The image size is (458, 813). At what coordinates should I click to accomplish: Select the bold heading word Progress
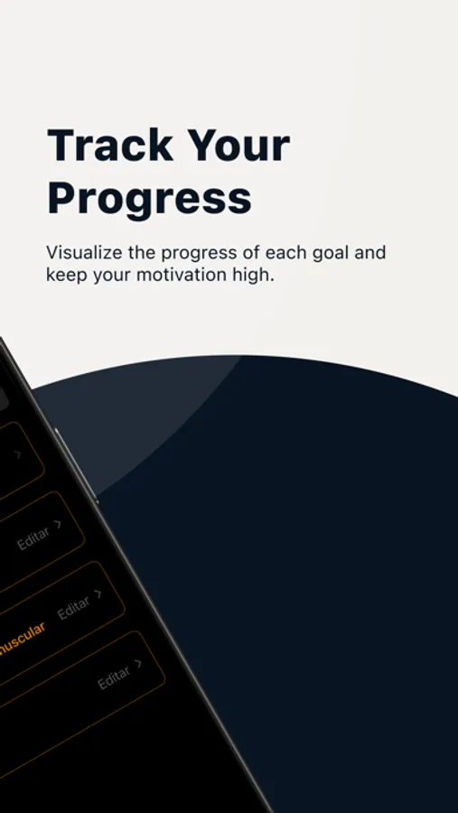click(x=149, y=199)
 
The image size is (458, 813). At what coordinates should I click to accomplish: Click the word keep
click(x=65, y=275)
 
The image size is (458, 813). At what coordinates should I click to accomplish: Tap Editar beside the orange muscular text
click(x=73, y=608)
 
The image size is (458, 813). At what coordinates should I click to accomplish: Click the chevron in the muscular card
click(x=98, y=594)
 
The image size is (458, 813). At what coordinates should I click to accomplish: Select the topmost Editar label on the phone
click(x=33, y=540)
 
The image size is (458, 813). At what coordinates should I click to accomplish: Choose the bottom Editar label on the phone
click(x=113, y=677)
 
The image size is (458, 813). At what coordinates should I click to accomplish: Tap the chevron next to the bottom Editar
click(x=138, y=664)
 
